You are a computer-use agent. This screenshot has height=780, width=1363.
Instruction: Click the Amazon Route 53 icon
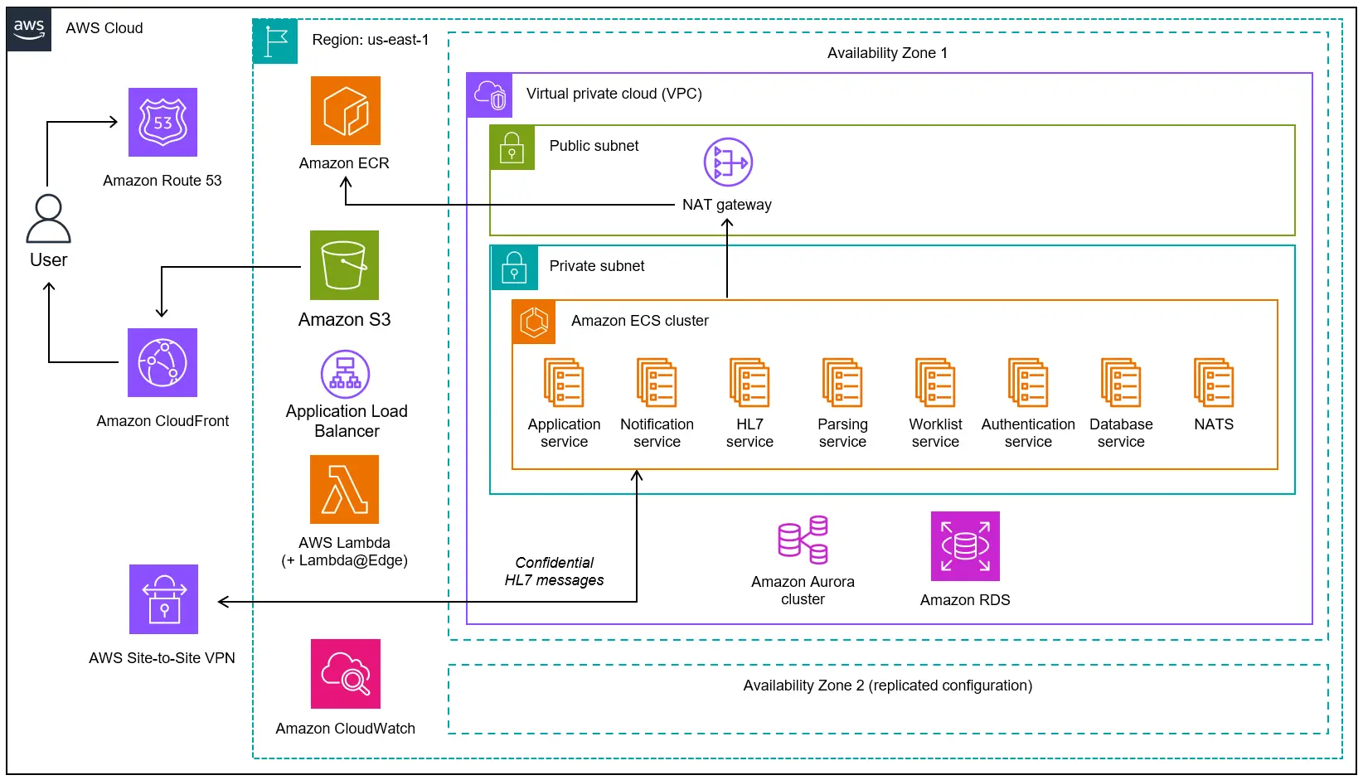coord(162,122)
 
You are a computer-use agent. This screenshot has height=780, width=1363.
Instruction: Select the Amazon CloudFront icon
coord(162,362)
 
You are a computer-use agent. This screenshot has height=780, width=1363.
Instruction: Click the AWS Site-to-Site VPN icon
coord(163,599)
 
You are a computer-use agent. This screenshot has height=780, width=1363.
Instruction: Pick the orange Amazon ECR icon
coord(346,111)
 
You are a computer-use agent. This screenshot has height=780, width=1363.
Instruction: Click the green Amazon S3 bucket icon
coord(344,265)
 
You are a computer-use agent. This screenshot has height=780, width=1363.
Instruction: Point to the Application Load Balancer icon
coord(345,374)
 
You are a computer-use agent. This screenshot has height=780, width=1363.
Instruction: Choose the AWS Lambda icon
coord(344,489)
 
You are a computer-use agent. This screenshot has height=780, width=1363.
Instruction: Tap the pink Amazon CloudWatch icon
coord(346,674)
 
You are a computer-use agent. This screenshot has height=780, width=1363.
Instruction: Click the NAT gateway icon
coord(728,162)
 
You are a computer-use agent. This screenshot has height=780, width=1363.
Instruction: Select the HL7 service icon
coord(749,383)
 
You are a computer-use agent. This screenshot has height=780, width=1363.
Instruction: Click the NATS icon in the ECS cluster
coord(1214,383)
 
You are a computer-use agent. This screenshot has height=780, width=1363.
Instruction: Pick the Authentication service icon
coord(1028,383)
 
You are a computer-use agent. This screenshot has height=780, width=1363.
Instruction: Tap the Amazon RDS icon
coord(965,546)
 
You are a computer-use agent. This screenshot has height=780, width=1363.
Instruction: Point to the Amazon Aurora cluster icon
coord(803,540)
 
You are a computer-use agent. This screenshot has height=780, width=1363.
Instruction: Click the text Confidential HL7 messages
coord(555,572)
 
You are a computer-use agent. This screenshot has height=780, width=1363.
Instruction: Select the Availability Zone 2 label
coord(887,686)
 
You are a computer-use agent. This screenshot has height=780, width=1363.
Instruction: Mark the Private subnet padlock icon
coord(514,268)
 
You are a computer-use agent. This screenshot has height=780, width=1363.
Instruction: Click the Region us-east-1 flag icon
coord(275,41)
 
